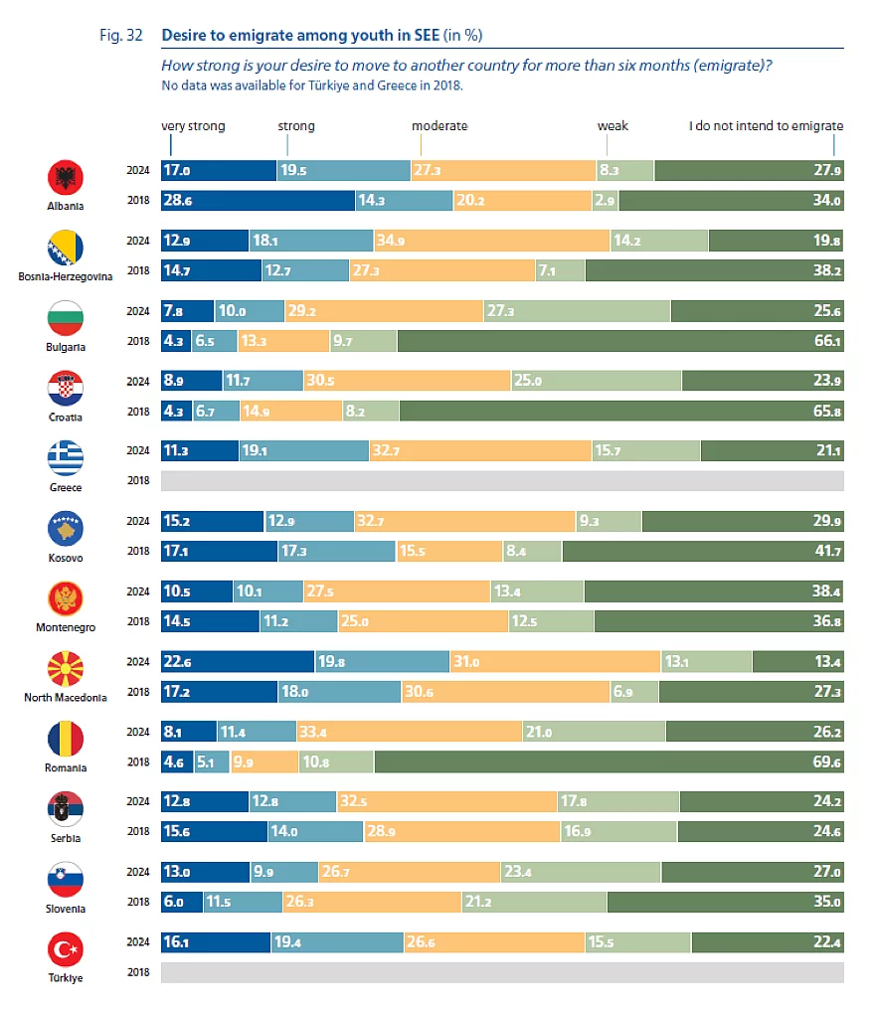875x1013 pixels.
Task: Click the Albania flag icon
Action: (x=66, y=179)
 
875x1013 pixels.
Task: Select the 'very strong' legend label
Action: (x=193, y=126)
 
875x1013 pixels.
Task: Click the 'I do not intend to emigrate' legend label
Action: (x=766, y=126)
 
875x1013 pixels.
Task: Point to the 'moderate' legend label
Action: (x=439, y=126)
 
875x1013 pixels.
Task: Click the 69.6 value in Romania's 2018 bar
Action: (x=609, y=761)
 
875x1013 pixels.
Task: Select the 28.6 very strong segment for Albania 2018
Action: (x=258, y=199)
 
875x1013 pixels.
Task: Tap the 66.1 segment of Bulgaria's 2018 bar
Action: (x=619, y=340)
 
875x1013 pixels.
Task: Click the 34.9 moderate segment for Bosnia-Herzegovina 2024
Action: (x=491, y=241)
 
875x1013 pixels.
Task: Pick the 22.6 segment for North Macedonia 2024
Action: (x=237, y=662)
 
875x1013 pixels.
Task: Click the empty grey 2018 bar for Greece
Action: (x=502, y=481)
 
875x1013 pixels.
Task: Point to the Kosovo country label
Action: (x=66, y=558)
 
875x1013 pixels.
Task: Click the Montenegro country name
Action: (x=66, y=628)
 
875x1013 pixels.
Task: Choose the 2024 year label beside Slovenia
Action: (x=137, y=872)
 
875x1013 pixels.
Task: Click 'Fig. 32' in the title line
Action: (x=121, y=35)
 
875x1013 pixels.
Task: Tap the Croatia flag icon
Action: (x=66, y=388)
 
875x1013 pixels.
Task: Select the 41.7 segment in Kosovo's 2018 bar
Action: (x=702, y=551)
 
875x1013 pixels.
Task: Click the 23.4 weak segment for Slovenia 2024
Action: (x=580, y=872)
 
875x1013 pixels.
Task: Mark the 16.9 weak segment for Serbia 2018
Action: (x=617, y=831)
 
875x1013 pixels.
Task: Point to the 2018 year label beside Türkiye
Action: (x=137, y=972)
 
